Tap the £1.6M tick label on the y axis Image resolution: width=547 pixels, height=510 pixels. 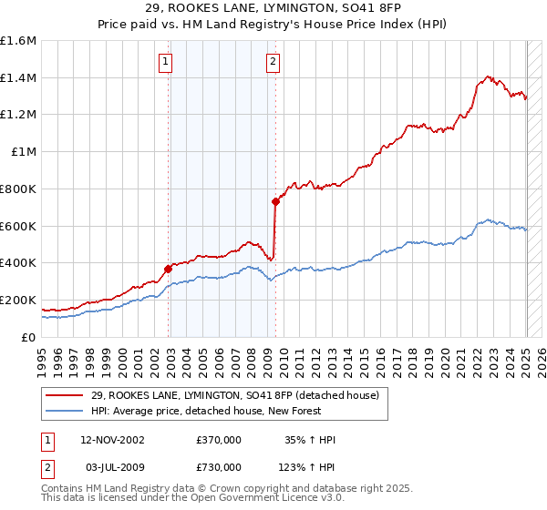tap(18, 41)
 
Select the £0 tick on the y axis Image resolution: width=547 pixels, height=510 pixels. tap(28, 337)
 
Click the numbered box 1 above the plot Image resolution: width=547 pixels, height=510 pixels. tap(165, 62)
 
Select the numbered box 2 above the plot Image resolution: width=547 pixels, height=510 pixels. tap(273, 62)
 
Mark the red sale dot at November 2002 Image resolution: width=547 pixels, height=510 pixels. tap(169, 268)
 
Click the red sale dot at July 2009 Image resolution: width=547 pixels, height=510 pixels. tap(275, 201)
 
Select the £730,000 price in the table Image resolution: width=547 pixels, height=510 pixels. tap(219, 466)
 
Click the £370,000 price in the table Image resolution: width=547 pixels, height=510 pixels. tap(219, 440)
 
